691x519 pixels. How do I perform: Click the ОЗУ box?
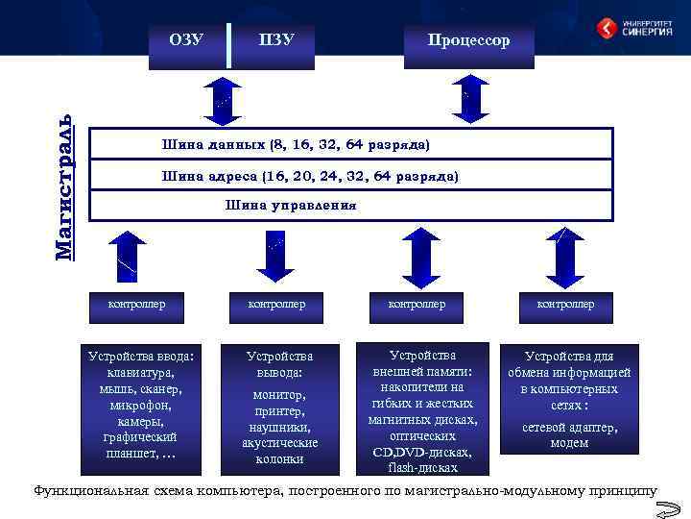click(x=188, y=43)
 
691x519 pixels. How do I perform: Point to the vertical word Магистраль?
click(x=63, y=187)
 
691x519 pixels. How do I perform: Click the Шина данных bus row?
click(x=350, y=144)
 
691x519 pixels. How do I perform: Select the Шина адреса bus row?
click(x=350, y=176)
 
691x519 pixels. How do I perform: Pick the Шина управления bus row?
click(x=350, y=205)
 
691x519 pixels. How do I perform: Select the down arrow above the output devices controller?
click(x=275, y=256)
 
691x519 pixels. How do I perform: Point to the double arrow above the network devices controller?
click(x=564, y=256)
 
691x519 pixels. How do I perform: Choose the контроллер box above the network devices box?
click(x=565, y=304)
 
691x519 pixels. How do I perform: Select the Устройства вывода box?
click(x=279, y=407)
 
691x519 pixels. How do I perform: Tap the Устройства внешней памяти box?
click(x=422, y=408)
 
